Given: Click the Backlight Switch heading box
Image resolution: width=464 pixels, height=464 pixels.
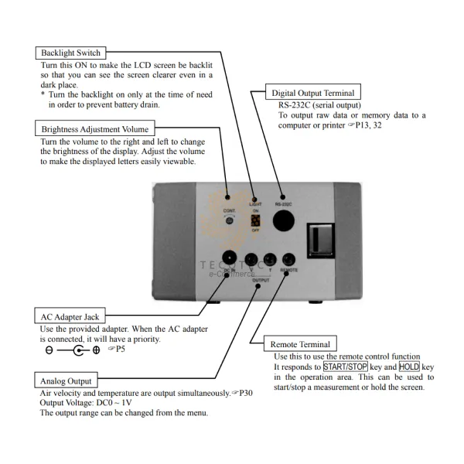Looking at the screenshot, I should click(x=70, y=53).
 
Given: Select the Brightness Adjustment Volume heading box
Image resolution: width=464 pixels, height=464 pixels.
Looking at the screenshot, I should click(x=96, y=128).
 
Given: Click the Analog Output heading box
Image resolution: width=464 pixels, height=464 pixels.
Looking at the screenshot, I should click(x=67, y=380).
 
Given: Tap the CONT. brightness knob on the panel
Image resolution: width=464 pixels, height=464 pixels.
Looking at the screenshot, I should click(x=229, y=221).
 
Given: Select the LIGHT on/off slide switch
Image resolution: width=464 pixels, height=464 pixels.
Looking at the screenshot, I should click(x=255, y=224).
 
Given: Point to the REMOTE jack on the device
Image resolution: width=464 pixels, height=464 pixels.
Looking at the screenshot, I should click(x=288, y=259).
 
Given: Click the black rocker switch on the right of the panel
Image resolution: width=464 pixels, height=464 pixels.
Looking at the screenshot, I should click(x=319, y=239).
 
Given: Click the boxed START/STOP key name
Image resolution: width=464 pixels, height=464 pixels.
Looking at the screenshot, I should click(x=345, y=366).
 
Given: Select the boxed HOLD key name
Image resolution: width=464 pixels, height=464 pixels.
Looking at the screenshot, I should click(x=409, y=366).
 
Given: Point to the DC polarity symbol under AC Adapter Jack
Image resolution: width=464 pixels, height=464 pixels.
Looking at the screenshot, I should click(x=73, y=350).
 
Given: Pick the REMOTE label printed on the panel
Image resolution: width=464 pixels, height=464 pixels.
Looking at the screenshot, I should click(x=289, y=271).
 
